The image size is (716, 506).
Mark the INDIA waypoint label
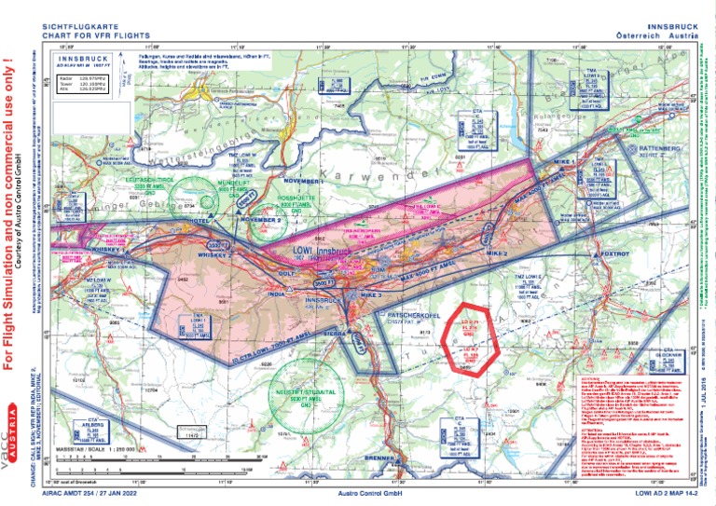tap(276, 294)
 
